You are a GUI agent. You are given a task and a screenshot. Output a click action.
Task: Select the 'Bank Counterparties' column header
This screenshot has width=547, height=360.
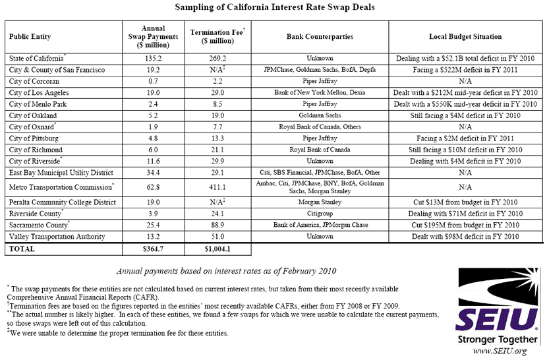tap(320, 37)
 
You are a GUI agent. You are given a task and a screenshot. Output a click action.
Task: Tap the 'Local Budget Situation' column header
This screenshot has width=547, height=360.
tap(465, 37)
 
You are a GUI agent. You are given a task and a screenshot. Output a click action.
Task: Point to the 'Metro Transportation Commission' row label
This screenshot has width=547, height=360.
tap(59, 187)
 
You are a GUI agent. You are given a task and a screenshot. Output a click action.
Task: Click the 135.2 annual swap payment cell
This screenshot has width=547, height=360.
tap(152, 59)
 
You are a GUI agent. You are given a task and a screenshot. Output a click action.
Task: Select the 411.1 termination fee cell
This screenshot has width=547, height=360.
tap(217, 187)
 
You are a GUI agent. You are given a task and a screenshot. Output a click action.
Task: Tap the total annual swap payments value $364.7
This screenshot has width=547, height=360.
tap(152, 249)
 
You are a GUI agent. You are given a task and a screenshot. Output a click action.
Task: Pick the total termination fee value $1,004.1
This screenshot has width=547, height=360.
tap(217, 249)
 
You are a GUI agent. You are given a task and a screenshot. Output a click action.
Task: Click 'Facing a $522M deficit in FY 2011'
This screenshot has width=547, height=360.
tap(465, 70)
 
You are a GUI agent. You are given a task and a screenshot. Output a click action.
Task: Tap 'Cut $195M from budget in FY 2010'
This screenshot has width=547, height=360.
tap(465, 224)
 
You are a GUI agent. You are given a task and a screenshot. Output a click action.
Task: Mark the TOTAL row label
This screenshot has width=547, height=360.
tap(22, 249)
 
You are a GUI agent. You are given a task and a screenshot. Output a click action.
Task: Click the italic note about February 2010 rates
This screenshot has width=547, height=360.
tap(226, 270)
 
